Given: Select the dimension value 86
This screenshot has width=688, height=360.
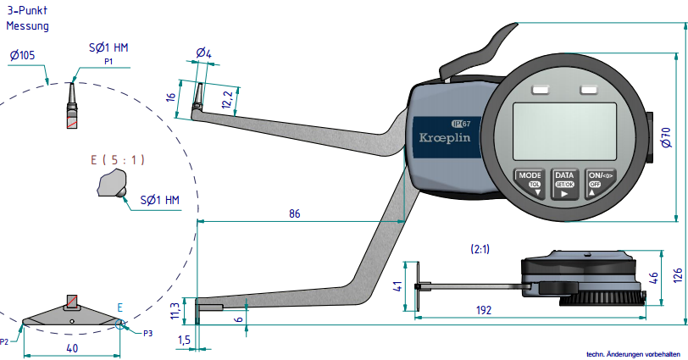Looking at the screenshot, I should pyautogui.click(x=294, y=213).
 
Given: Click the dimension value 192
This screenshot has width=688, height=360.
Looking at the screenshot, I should pyautogui.click(x=484, y=310).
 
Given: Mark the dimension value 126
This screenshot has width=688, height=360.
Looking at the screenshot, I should pyautogui.click(x=677, y=275).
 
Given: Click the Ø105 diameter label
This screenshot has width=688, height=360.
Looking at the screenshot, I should pyautogui.click(x=24, y=54).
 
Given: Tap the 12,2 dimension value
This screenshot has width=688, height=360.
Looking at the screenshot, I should pyautogui.click(x=225, y=100).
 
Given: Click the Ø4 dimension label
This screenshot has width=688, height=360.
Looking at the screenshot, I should pyautogui.click(x=203, y=53).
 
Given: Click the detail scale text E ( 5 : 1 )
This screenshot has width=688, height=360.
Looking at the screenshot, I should pyautogui.click(x=118, y=159).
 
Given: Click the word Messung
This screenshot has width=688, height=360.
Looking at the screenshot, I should pyautogui.click(x=28, y=26).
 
